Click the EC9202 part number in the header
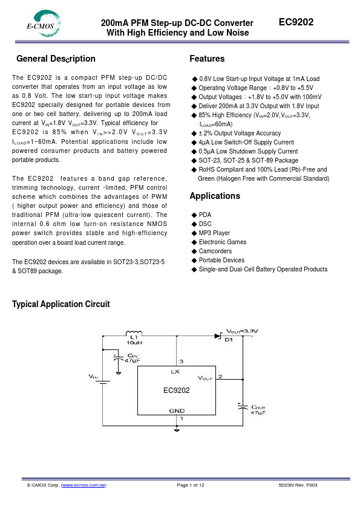(296, 22)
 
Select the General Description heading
(56, 59)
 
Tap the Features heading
(207, 59)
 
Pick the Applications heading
(215, 196)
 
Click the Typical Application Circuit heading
(61, 304)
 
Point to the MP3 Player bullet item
(214, 233)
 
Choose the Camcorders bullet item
(215, 251)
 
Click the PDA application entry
(205, 215)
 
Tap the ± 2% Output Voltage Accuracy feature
(235, 133)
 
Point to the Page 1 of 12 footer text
(191, 485)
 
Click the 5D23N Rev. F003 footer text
(298, 485)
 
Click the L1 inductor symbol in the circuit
(134, 333)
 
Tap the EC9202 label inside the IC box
(176, 391)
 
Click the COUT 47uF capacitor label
(258, 409)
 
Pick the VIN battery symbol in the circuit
(103, 381)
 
